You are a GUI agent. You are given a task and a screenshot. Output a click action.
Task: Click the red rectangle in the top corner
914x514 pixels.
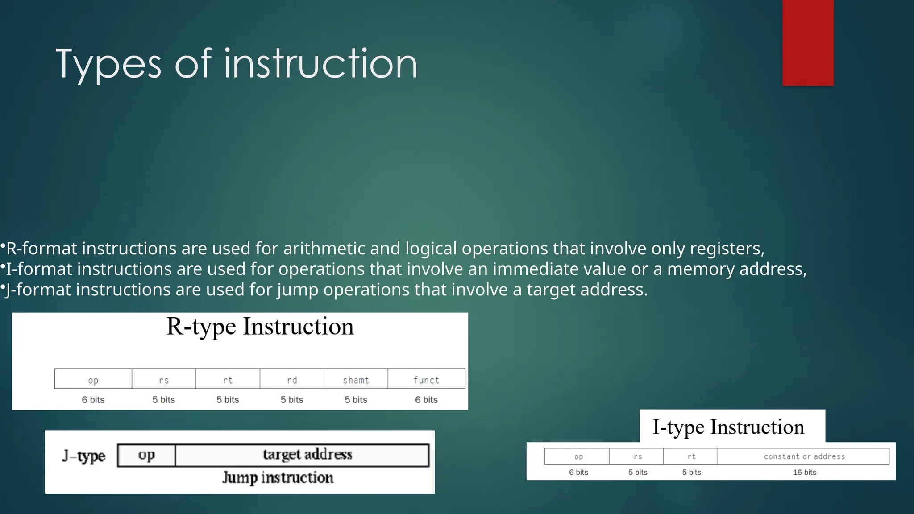[808, 42]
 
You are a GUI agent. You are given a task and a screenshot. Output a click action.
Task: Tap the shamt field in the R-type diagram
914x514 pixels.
[356, 379]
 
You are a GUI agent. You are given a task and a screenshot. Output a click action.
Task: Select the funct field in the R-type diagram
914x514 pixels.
[426, 379]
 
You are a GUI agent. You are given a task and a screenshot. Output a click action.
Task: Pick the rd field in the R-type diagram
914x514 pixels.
[292, 379]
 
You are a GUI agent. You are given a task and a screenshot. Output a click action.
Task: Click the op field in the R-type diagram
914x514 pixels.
[93, 379]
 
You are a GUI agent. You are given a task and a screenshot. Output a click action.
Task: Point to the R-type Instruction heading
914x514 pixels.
[260, 327]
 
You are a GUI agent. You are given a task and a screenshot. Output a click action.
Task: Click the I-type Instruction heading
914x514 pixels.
[728, 427]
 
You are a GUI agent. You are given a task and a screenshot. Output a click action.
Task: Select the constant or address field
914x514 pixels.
[804, 456]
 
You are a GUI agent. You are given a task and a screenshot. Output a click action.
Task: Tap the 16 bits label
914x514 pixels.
[804, 472]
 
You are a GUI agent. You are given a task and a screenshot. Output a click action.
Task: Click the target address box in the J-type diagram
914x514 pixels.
[307, 455]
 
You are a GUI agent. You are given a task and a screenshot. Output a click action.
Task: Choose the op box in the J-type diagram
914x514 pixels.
[146, 455]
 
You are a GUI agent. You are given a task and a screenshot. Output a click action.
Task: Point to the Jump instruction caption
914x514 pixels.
[278, 478]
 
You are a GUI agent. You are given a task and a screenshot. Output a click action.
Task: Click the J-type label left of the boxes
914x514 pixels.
[84, 456]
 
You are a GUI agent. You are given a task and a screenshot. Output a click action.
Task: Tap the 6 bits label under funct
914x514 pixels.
[426, 400]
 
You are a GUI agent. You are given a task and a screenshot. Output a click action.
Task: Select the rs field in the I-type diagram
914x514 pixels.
[637, 456]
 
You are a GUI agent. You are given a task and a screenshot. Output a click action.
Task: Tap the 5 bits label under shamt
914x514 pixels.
[356, 400]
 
